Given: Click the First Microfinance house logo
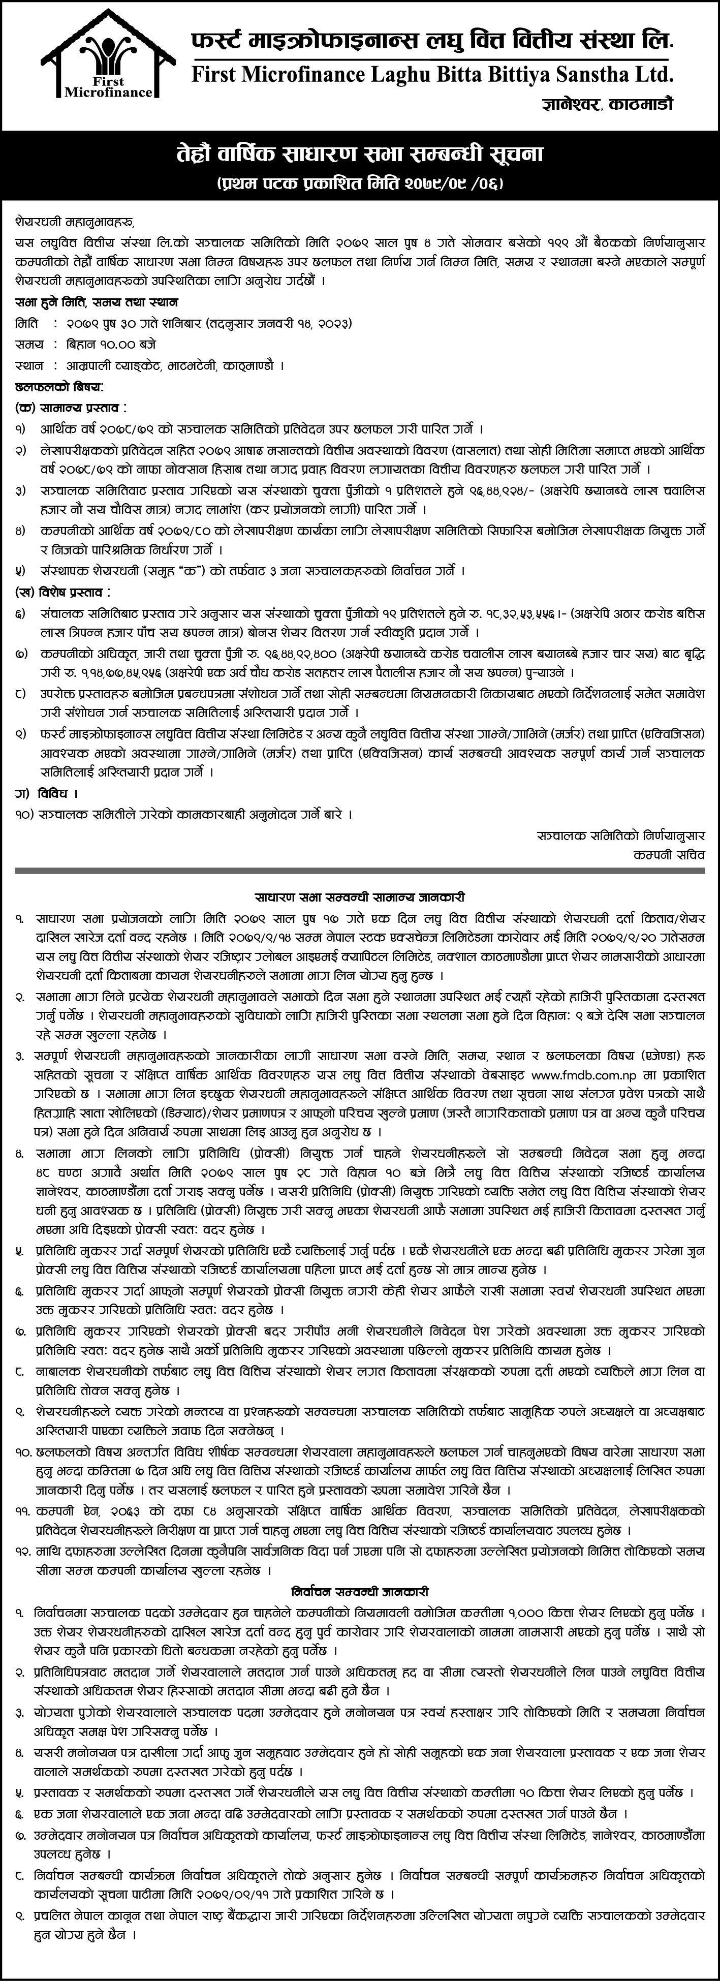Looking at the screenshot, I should (108, 61).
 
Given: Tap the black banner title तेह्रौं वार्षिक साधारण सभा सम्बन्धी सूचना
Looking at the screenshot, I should (359, 154).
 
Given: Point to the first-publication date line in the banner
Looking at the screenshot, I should (360, 184).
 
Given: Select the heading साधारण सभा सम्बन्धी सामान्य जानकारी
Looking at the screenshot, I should (360, 896).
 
